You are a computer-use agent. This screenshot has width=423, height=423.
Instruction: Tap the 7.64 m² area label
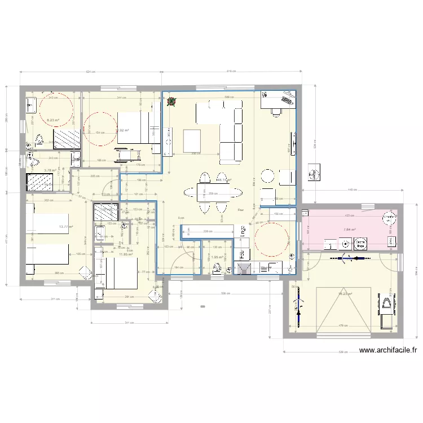pos(350,230)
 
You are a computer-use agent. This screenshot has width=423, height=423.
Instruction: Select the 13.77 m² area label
pos(66,227)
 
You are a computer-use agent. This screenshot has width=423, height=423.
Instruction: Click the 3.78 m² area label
pos(51,169)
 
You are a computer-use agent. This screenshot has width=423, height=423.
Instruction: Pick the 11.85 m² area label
pos(125,254)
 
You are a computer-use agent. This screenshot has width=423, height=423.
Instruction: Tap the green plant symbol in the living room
pos(171,102)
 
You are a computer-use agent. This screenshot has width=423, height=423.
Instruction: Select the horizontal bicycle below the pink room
pos(345,259)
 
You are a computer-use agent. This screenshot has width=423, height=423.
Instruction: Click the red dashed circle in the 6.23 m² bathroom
pos(54,110)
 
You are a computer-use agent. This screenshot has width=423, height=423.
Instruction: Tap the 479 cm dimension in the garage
pos(342,325)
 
